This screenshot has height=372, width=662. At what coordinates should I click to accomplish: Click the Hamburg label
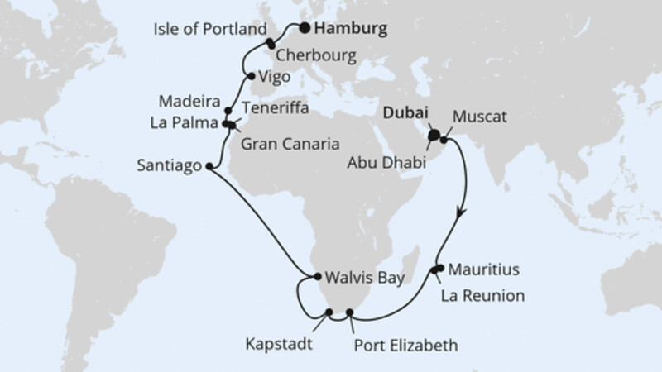point(352,30)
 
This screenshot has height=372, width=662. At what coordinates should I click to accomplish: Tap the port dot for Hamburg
point(305,27)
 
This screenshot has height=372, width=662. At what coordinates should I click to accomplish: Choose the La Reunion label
point(482,293)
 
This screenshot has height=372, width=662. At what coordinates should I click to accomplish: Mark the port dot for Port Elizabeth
point(350,312)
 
